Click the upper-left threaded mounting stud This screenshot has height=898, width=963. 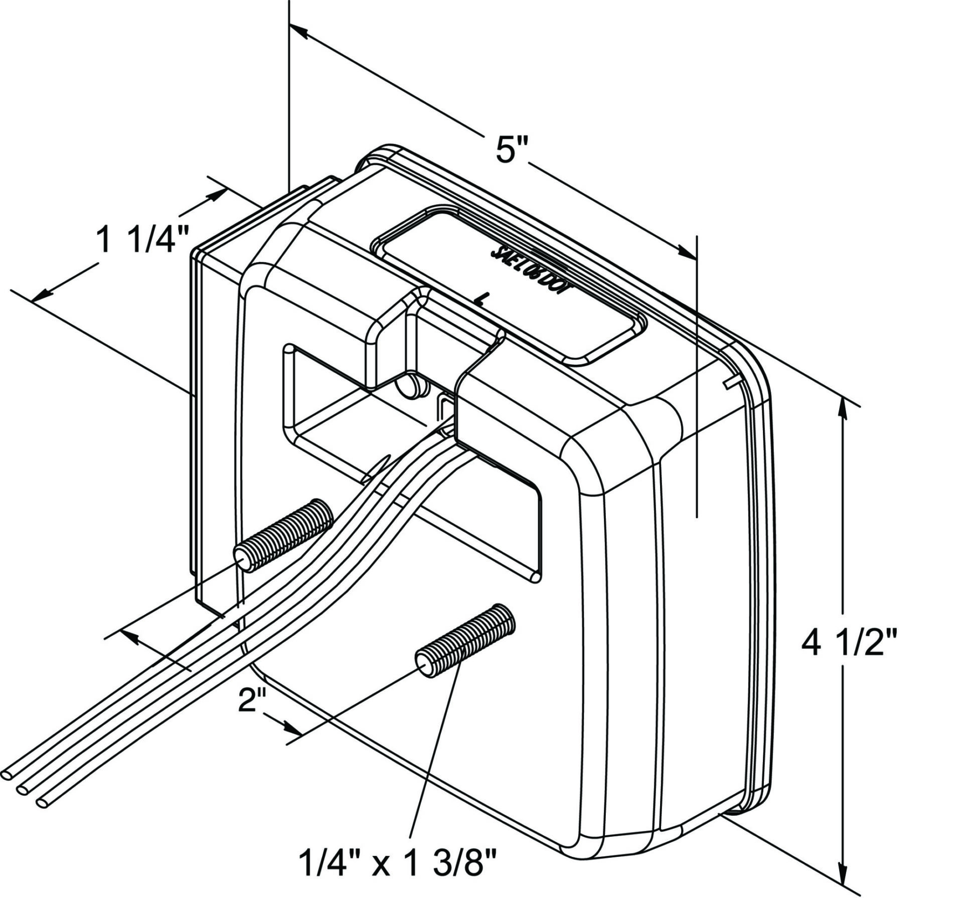[283, 536]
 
